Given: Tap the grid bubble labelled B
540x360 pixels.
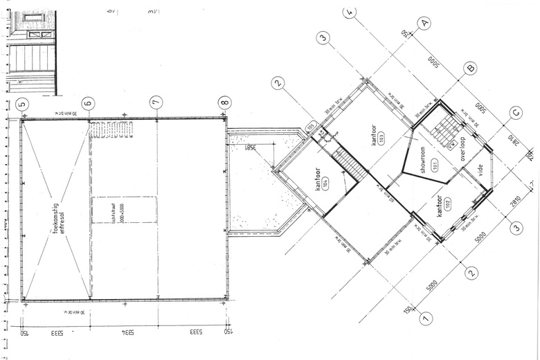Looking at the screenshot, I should pyautogui.click(x=470, y=68).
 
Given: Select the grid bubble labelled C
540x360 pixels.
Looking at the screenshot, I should pyautogui.click(x=515, y=113).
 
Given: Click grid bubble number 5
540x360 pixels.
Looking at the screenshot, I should pyautogui.click(x=22, y=104).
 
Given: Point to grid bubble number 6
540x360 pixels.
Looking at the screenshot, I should pyautogui.click(x=88, y=104).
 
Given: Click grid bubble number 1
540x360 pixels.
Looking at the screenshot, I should pyautogui.click(x=425, y=317).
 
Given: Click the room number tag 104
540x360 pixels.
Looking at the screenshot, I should pyautogui.click(x=325, y=183).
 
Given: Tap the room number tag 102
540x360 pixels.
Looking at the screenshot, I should pyautogui.click(x=447, y=204).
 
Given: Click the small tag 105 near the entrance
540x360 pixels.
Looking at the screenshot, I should pyautogui.click(x=312, y=125).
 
